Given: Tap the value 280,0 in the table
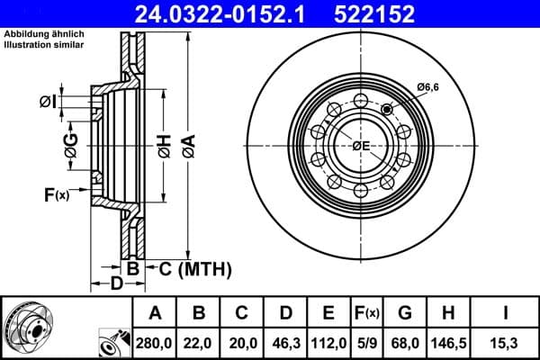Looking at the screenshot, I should [155, 342].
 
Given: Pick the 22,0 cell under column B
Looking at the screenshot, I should [200, 342].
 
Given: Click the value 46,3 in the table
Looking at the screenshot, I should [286, 342].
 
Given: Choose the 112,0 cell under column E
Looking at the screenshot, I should [329, 342].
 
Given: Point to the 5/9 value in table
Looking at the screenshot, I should [367, 342].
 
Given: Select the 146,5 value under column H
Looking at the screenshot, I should [449, 342].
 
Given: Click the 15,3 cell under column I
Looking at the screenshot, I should [504, 342].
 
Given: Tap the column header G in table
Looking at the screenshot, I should [405, 313].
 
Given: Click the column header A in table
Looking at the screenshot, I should [155, 313].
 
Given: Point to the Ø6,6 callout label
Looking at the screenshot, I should [428, 86].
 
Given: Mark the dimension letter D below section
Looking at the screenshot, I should [115, 285].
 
